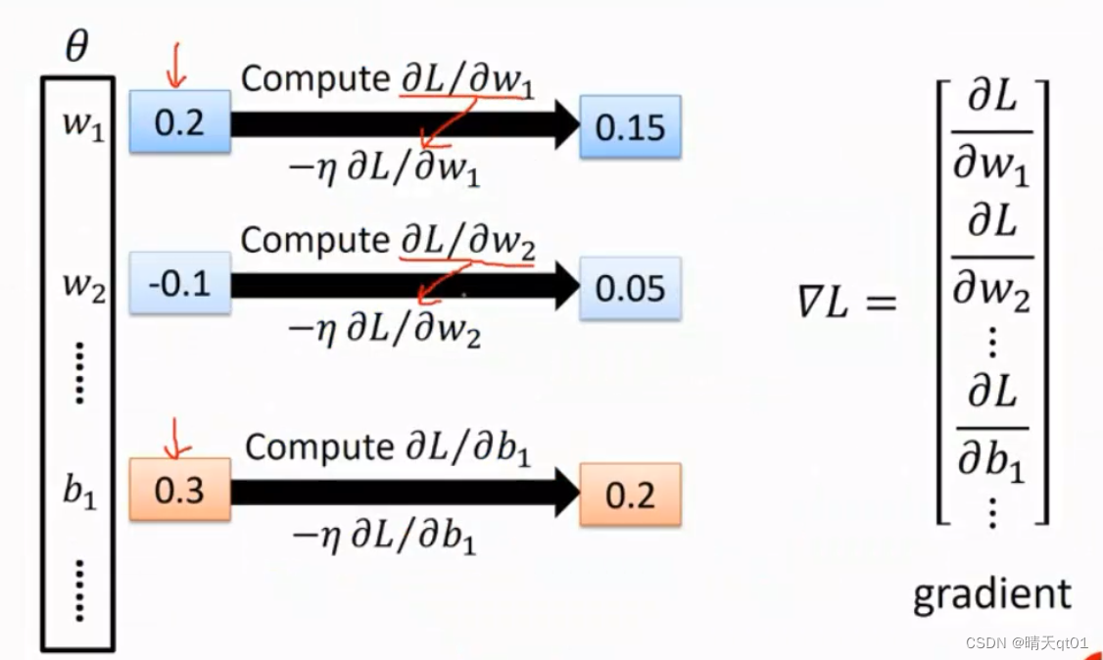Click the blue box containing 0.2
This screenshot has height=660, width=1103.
[180, 122]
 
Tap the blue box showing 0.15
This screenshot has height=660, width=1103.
[630, 127]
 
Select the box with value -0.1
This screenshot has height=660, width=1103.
[180, 284]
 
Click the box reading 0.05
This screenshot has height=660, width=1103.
[630, 289]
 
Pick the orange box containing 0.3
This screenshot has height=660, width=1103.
[180, 490]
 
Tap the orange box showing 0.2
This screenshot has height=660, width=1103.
[630, 495]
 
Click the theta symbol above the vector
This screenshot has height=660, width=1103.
[75, 46]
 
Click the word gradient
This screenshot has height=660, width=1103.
[991, 594]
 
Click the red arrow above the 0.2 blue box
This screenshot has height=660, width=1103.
[177, 68]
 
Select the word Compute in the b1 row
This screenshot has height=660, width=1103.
[318, 448]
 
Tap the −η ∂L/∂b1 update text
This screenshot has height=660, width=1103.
[384, 536]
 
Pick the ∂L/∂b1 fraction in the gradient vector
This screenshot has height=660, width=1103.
[991, 428]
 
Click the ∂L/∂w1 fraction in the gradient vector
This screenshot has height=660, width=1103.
[991, 131]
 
